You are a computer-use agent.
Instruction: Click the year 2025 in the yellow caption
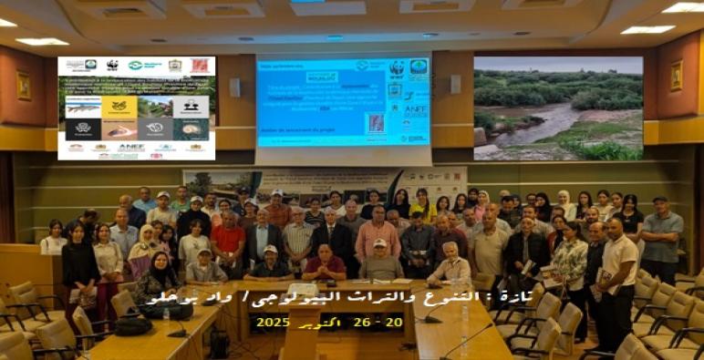273,323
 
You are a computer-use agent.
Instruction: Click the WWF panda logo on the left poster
112,66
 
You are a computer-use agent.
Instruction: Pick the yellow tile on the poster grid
119,107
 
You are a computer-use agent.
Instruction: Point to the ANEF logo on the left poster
130,146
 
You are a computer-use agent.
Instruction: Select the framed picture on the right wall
677,76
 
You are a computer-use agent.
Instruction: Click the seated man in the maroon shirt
325,263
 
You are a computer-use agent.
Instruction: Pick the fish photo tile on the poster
84,107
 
